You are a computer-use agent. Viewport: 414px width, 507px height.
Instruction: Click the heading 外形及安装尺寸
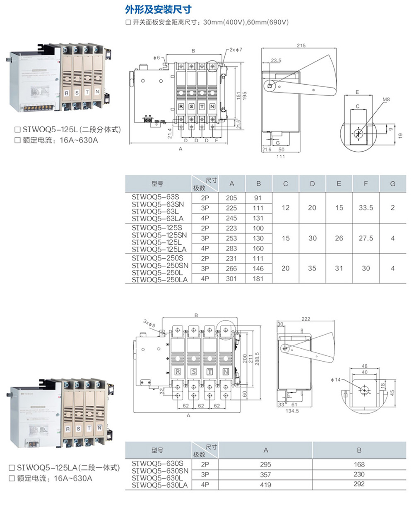click(158, 9)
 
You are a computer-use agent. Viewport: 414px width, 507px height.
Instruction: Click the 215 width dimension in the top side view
click(301, 45)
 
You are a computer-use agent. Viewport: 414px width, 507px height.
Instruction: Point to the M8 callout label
click(386, 100)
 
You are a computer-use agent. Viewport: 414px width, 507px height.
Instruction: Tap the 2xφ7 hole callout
click(236, 50)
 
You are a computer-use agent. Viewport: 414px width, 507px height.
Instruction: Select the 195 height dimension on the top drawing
click(244, 95)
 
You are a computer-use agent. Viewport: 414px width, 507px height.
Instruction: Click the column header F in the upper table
click(366, 183)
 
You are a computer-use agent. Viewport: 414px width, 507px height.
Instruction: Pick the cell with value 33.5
click(366, 208)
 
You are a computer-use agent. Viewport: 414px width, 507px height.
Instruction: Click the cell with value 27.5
click(366, 238)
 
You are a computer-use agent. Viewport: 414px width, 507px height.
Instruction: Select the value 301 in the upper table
click(231, 278)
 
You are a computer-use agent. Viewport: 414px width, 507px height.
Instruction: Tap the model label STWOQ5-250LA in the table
click(160, 280)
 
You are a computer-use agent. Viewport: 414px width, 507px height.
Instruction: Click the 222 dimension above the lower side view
click(306, 319)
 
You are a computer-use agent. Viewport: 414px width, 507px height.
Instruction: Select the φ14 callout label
click(336, 379)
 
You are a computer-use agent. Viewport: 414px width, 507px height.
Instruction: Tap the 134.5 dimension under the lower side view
click(292, 411)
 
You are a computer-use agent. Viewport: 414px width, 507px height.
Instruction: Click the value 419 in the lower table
click(265, 485)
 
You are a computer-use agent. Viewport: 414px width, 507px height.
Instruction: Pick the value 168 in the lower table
click(359, 464)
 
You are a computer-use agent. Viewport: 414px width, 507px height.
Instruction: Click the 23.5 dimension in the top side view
click(276, 60)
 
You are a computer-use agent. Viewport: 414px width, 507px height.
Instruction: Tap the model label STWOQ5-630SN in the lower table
click(160, 471)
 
